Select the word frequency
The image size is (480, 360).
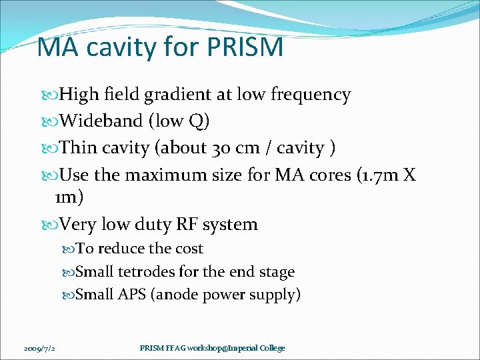(311, 95)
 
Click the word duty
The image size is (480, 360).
(177, 225)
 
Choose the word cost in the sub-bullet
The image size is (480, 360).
(189, 249)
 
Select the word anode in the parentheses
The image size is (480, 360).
(175, 294)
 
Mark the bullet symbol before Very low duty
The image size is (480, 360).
(53, 225)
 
